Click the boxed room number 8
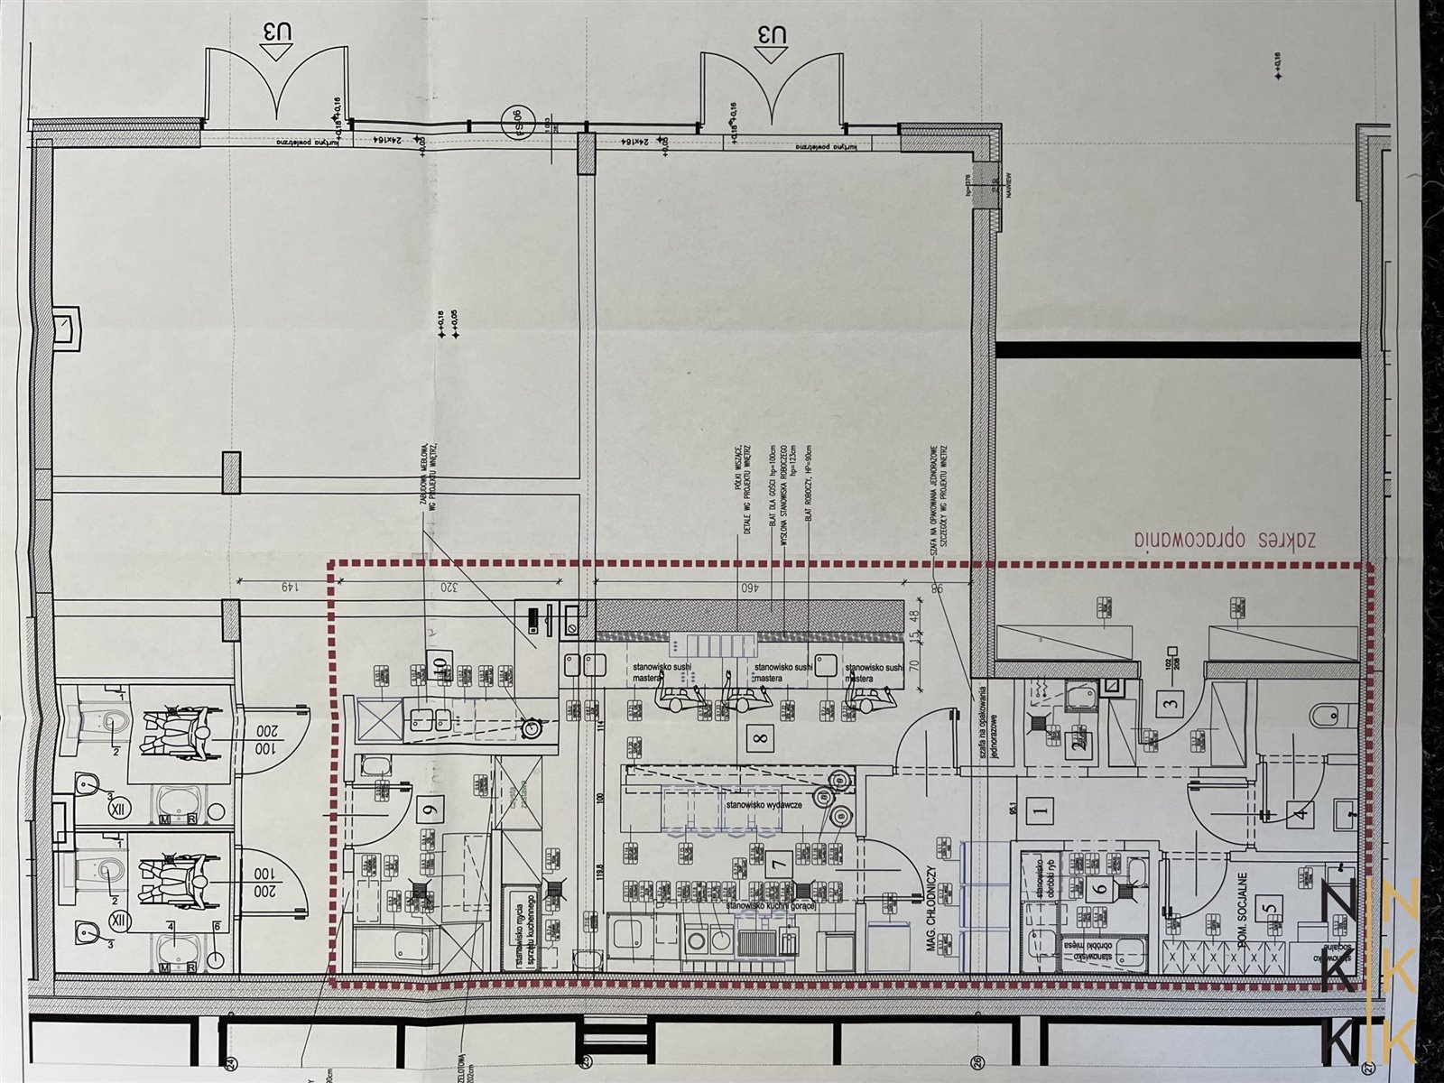click(762, 738)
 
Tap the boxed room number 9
click(429, 809)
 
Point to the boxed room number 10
click(440, 662)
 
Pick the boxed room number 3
click(1171, 704)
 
